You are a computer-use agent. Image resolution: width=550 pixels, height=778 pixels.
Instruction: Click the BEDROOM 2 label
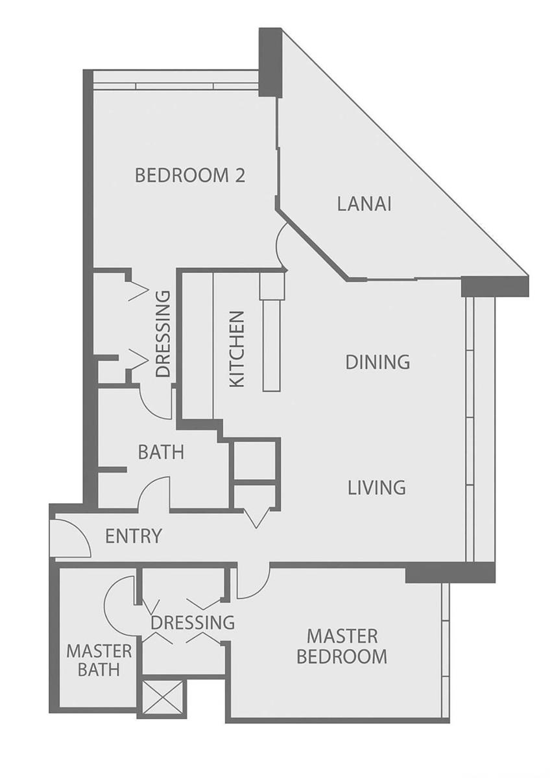tap(190, 175)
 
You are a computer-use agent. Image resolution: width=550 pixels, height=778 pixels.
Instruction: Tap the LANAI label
tap(365, 204)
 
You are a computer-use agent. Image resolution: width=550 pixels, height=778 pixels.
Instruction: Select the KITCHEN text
tap(238, 349)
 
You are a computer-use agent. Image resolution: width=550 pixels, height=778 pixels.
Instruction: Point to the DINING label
tap(377, 362)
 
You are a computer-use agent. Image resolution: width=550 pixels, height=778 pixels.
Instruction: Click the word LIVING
tap(377, 488)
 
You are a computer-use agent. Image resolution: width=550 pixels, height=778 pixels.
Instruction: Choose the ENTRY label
tap(134, 536)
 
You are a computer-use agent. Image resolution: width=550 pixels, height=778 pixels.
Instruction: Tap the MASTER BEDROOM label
tap(342, 646)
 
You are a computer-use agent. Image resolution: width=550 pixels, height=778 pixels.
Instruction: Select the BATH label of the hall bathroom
tap(161, 453)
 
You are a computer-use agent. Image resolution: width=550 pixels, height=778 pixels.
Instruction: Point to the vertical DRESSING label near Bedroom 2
tap(163, 334)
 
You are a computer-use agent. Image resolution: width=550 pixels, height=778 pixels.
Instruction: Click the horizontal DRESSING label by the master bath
tap(193, 622)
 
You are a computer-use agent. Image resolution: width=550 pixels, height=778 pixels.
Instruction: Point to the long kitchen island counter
tap(271, 345)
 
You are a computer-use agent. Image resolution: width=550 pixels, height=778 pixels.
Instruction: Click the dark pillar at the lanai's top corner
tap(270, 63)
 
